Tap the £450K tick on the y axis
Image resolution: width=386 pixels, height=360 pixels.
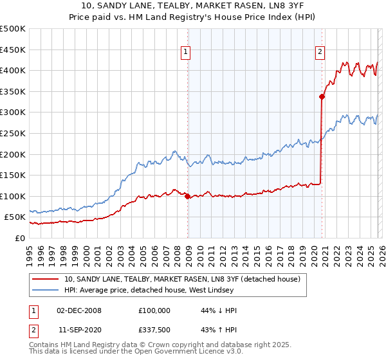coord(13,50)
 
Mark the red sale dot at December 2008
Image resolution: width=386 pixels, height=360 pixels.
coord(187,196)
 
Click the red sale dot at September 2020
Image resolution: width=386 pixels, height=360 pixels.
coord(321,97)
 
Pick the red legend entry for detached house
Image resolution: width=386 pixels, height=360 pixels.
coord(187,279)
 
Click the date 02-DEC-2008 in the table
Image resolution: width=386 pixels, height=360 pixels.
coord(78,310)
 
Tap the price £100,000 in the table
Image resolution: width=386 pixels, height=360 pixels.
coord(154,310)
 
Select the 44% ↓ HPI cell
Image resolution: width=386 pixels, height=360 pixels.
coord(219,310)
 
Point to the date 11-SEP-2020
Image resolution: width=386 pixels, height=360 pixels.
coord(80,330)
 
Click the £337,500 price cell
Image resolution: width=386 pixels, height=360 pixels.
coord(154,330)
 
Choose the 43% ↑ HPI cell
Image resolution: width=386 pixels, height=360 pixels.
coord(219,330)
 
